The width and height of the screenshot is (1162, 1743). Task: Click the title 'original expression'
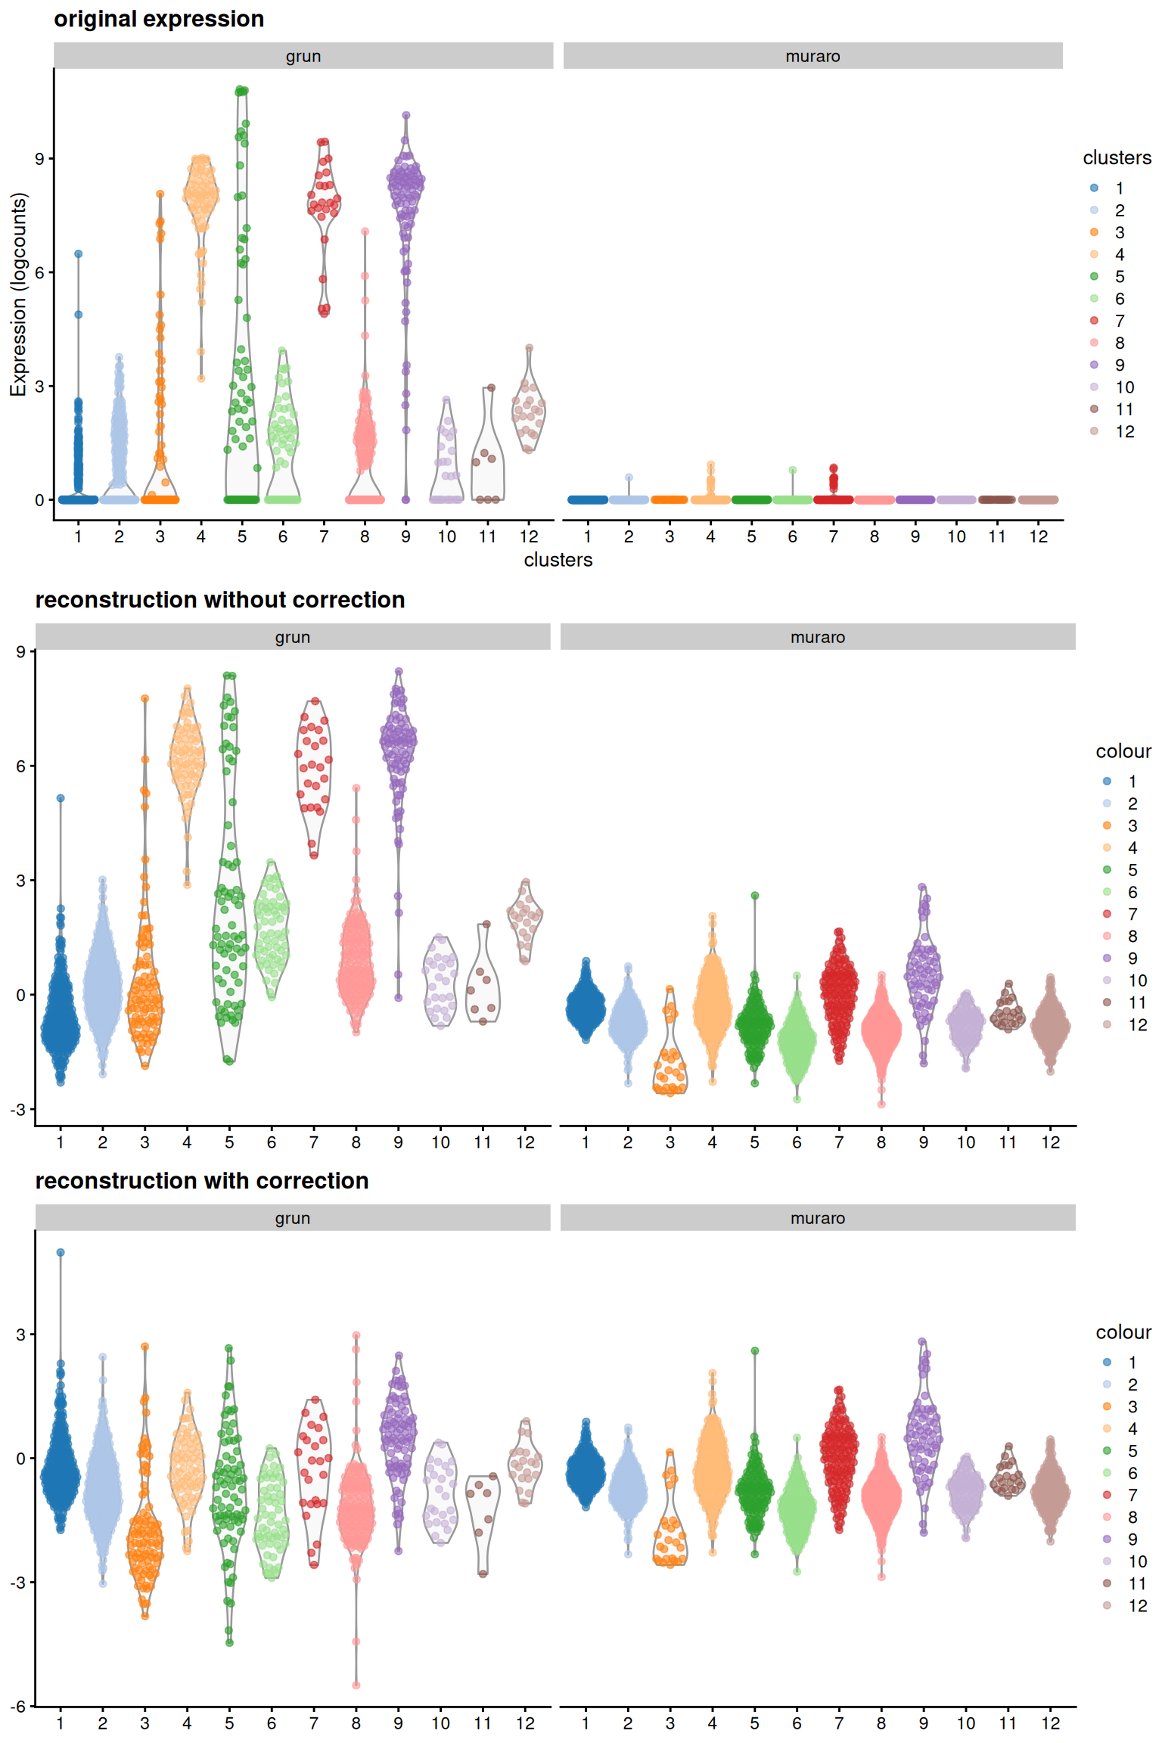(x=159, y=19)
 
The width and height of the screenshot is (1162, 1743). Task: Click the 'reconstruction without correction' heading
(x=220, y=600)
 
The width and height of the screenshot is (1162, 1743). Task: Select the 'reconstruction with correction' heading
(x=202, y=1181)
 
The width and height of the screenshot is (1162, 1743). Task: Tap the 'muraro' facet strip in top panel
(x=812, y=56)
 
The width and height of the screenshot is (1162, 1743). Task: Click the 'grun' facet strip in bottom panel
(x=292, y=1218)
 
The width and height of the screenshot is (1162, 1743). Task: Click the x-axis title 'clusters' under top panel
(x=558, y=560)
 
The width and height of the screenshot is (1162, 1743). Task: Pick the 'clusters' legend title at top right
(x=1117, y=157)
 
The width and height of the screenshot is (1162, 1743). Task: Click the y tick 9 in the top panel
(x=39, y=158)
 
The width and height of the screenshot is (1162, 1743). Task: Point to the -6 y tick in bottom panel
(x=18, y=1707)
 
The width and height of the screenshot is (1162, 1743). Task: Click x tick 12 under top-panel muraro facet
(x=1039, y=536)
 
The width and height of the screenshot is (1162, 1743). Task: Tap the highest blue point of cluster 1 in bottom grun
(x=61, y=1253)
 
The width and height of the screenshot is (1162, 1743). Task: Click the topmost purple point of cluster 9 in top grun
(x=406, y=116)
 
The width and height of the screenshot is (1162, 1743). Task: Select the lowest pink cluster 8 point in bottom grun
(x=356, y=1685)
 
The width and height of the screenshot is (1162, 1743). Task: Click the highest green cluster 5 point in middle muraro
(x=754, y=896)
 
